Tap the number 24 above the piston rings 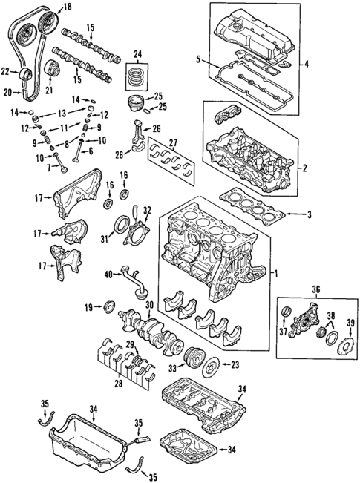pos(137,53)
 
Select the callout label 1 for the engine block pos(277,273)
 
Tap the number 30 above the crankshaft pos(148,305)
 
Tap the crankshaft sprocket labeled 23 pos(213,365)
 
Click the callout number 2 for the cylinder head pos(304,168)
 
